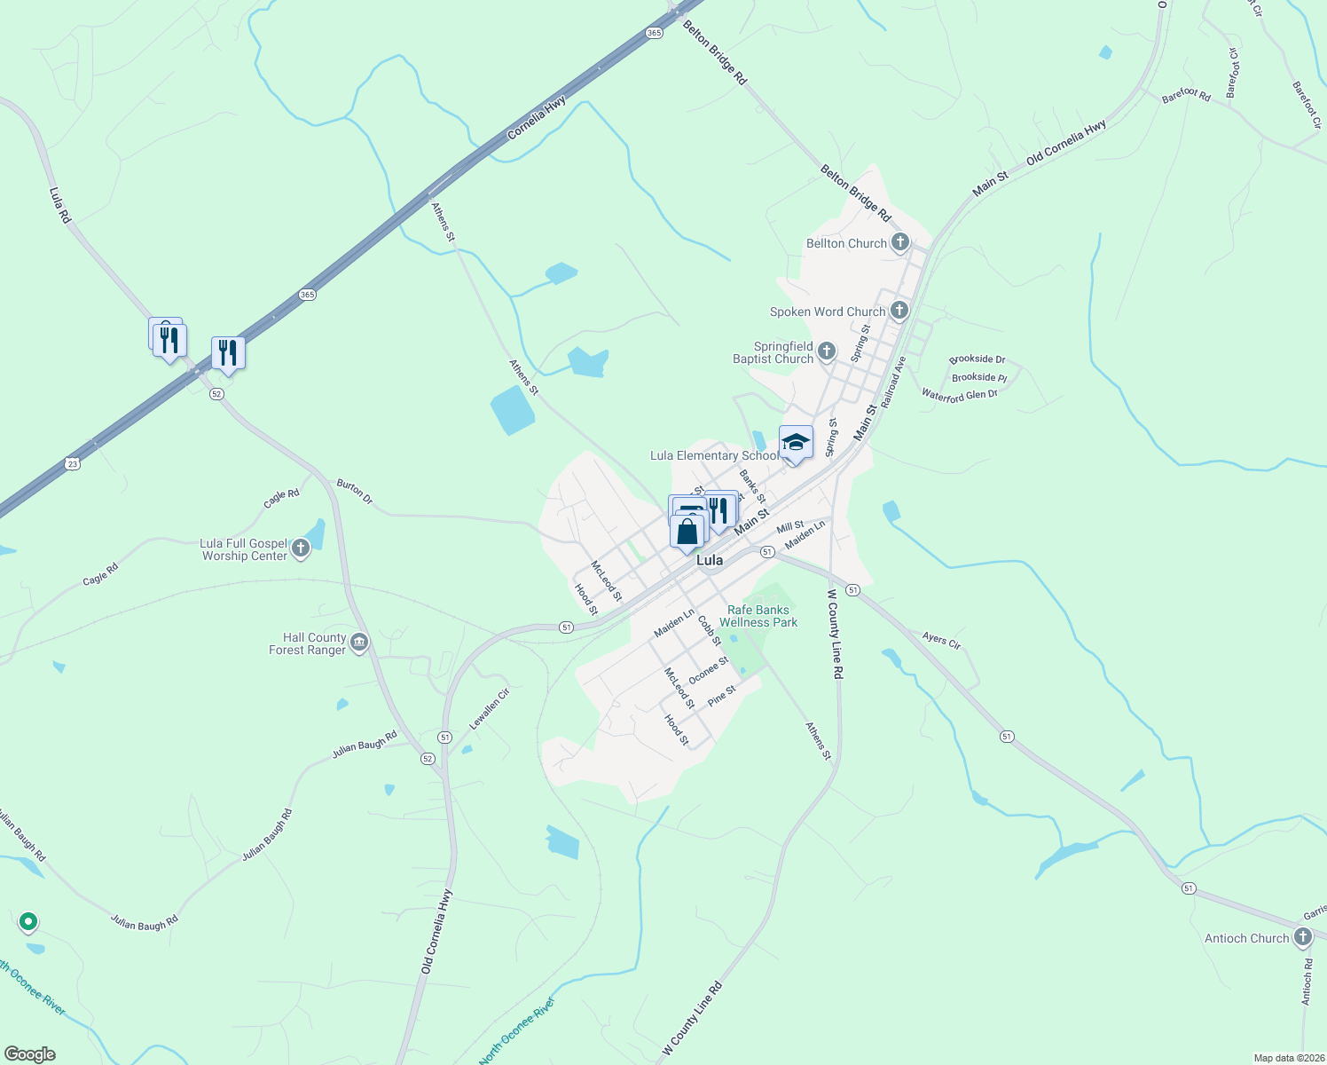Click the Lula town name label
point(710,561)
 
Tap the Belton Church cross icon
point(900,242)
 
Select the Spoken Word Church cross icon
point(899,311)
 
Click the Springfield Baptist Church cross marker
point(827,352)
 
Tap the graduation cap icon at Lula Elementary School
point(796,442)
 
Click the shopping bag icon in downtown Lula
point(687,532)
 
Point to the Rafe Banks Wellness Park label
point(758,616)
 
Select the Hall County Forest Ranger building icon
point(359,643)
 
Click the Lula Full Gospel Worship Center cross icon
point(301,548)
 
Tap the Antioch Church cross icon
point(1302,937)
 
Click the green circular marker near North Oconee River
point(28,922)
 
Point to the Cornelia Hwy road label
point(537,118)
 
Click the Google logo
point(30,1053)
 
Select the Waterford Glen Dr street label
point(959,395)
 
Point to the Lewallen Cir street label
point(489,708)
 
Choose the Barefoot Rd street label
point(1186,94)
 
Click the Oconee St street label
point(708,670)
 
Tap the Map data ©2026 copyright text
point(1287,1058)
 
